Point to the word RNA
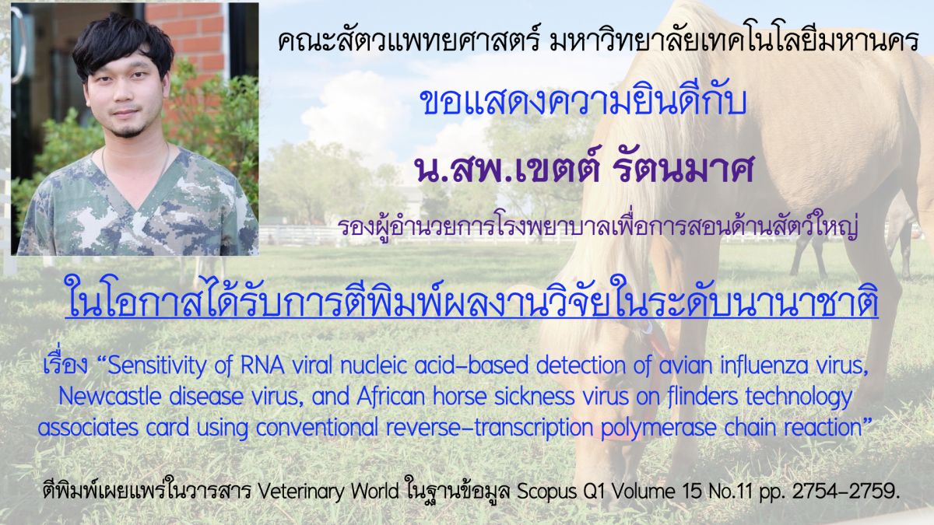262,366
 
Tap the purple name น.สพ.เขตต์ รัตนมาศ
584,172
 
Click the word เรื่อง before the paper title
65,363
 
